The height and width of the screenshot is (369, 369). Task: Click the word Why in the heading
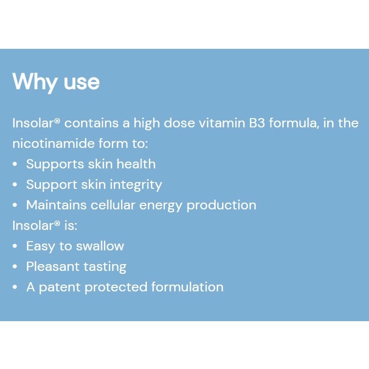coord(35,82)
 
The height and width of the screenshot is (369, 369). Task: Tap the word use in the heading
coord(82,83)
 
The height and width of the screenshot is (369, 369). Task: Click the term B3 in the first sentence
coord(257,123)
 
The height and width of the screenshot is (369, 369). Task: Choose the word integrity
coord(136,185)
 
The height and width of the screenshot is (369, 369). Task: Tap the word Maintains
coord(57,205)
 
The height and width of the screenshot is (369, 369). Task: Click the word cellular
coord(113,205)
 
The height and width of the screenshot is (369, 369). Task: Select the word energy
coord(161,205)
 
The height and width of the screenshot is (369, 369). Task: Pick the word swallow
coord(100,246)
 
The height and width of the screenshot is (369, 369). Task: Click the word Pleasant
coord(53,266)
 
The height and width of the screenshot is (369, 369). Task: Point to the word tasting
coord(105,267)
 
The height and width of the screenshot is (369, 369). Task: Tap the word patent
coord(60,287)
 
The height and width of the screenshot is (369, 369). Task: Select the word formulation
coord(187,287)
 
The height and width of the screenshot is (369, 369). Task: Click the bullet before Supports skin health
coord(15,164)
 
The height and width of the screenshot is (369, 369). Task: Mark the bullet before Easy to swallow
coord(15,246)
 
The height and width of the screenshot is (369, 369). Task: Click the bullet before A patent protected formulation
coord(15,287)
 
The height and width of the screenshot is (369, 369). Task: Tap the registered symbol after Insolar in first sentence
coord(57,121)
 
